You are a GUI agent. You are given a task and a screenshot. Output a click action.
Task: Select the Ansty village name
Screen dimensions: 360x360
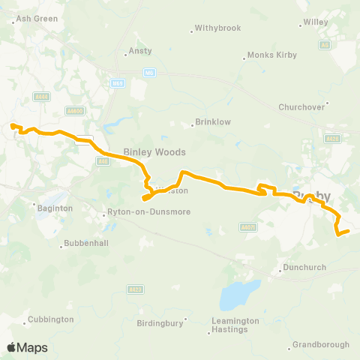(140, 51)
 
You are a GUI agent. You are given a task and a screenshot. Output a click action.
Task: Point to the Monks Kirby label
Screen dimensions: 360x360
(271, 55)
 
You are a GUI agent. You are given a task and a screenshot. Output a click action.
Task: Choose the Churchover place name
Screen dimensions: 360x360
(301, 106)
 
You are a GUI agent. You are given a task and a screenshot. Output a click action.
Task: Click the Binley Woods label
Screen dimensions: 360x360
(154, 151)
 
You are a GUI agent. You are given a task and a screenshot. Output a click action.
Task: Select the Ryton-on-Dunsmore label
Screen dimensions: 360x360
(148, 212)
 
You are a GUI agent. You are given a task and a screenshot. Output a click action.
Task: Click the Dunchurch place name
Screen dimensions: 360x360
(304, 268)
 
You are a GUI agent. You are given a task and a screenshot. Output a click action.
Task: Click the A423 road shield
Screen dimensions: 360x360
(135, 289)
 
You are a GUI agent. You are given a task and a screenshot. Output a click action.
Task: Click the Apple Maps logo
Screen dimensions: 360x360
(28, 347)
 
